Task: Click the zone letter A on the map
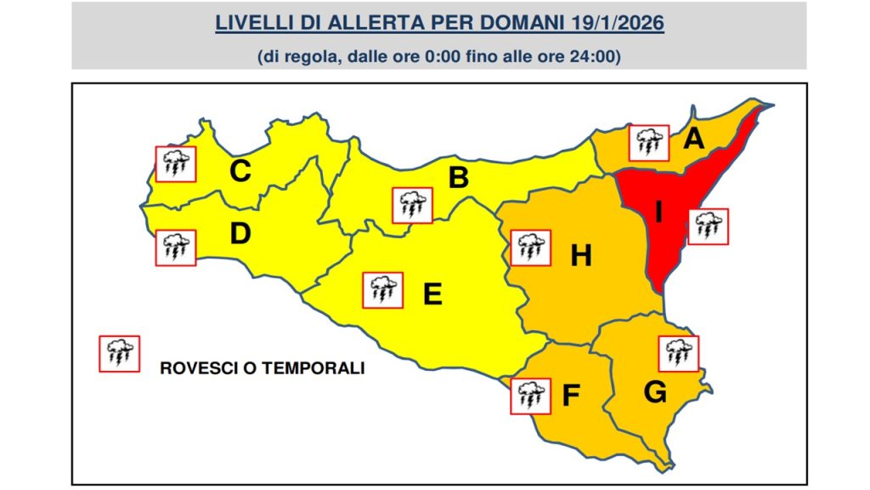(x=694, y=138)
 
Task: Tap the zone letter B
(x=458, y=178)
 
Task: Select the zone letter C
(x=240, y=172)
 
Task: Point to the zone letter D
(x=240, y=233)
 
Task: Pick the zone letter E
(x=432, y=294)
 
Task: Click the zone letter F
(x=572, y=396)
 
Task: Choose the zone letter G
(x=654, y=392)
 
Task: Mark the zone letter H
(x=580, y=255)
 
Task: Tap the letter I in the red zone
(x=658, y=211)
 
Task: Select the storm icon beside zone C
(x=176, y=164)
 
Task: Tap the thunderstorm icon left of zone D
(x=176, y=247)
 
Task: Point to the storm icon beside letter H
(x=531, y=248)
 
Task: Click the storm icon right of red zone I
(x=708, y=226)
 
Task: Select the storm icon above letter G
(x=678, y=354)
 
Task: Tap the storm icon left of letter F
(x=531, y=396)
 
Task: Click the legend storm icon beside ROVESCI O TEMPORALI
(x=120, y=354)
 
